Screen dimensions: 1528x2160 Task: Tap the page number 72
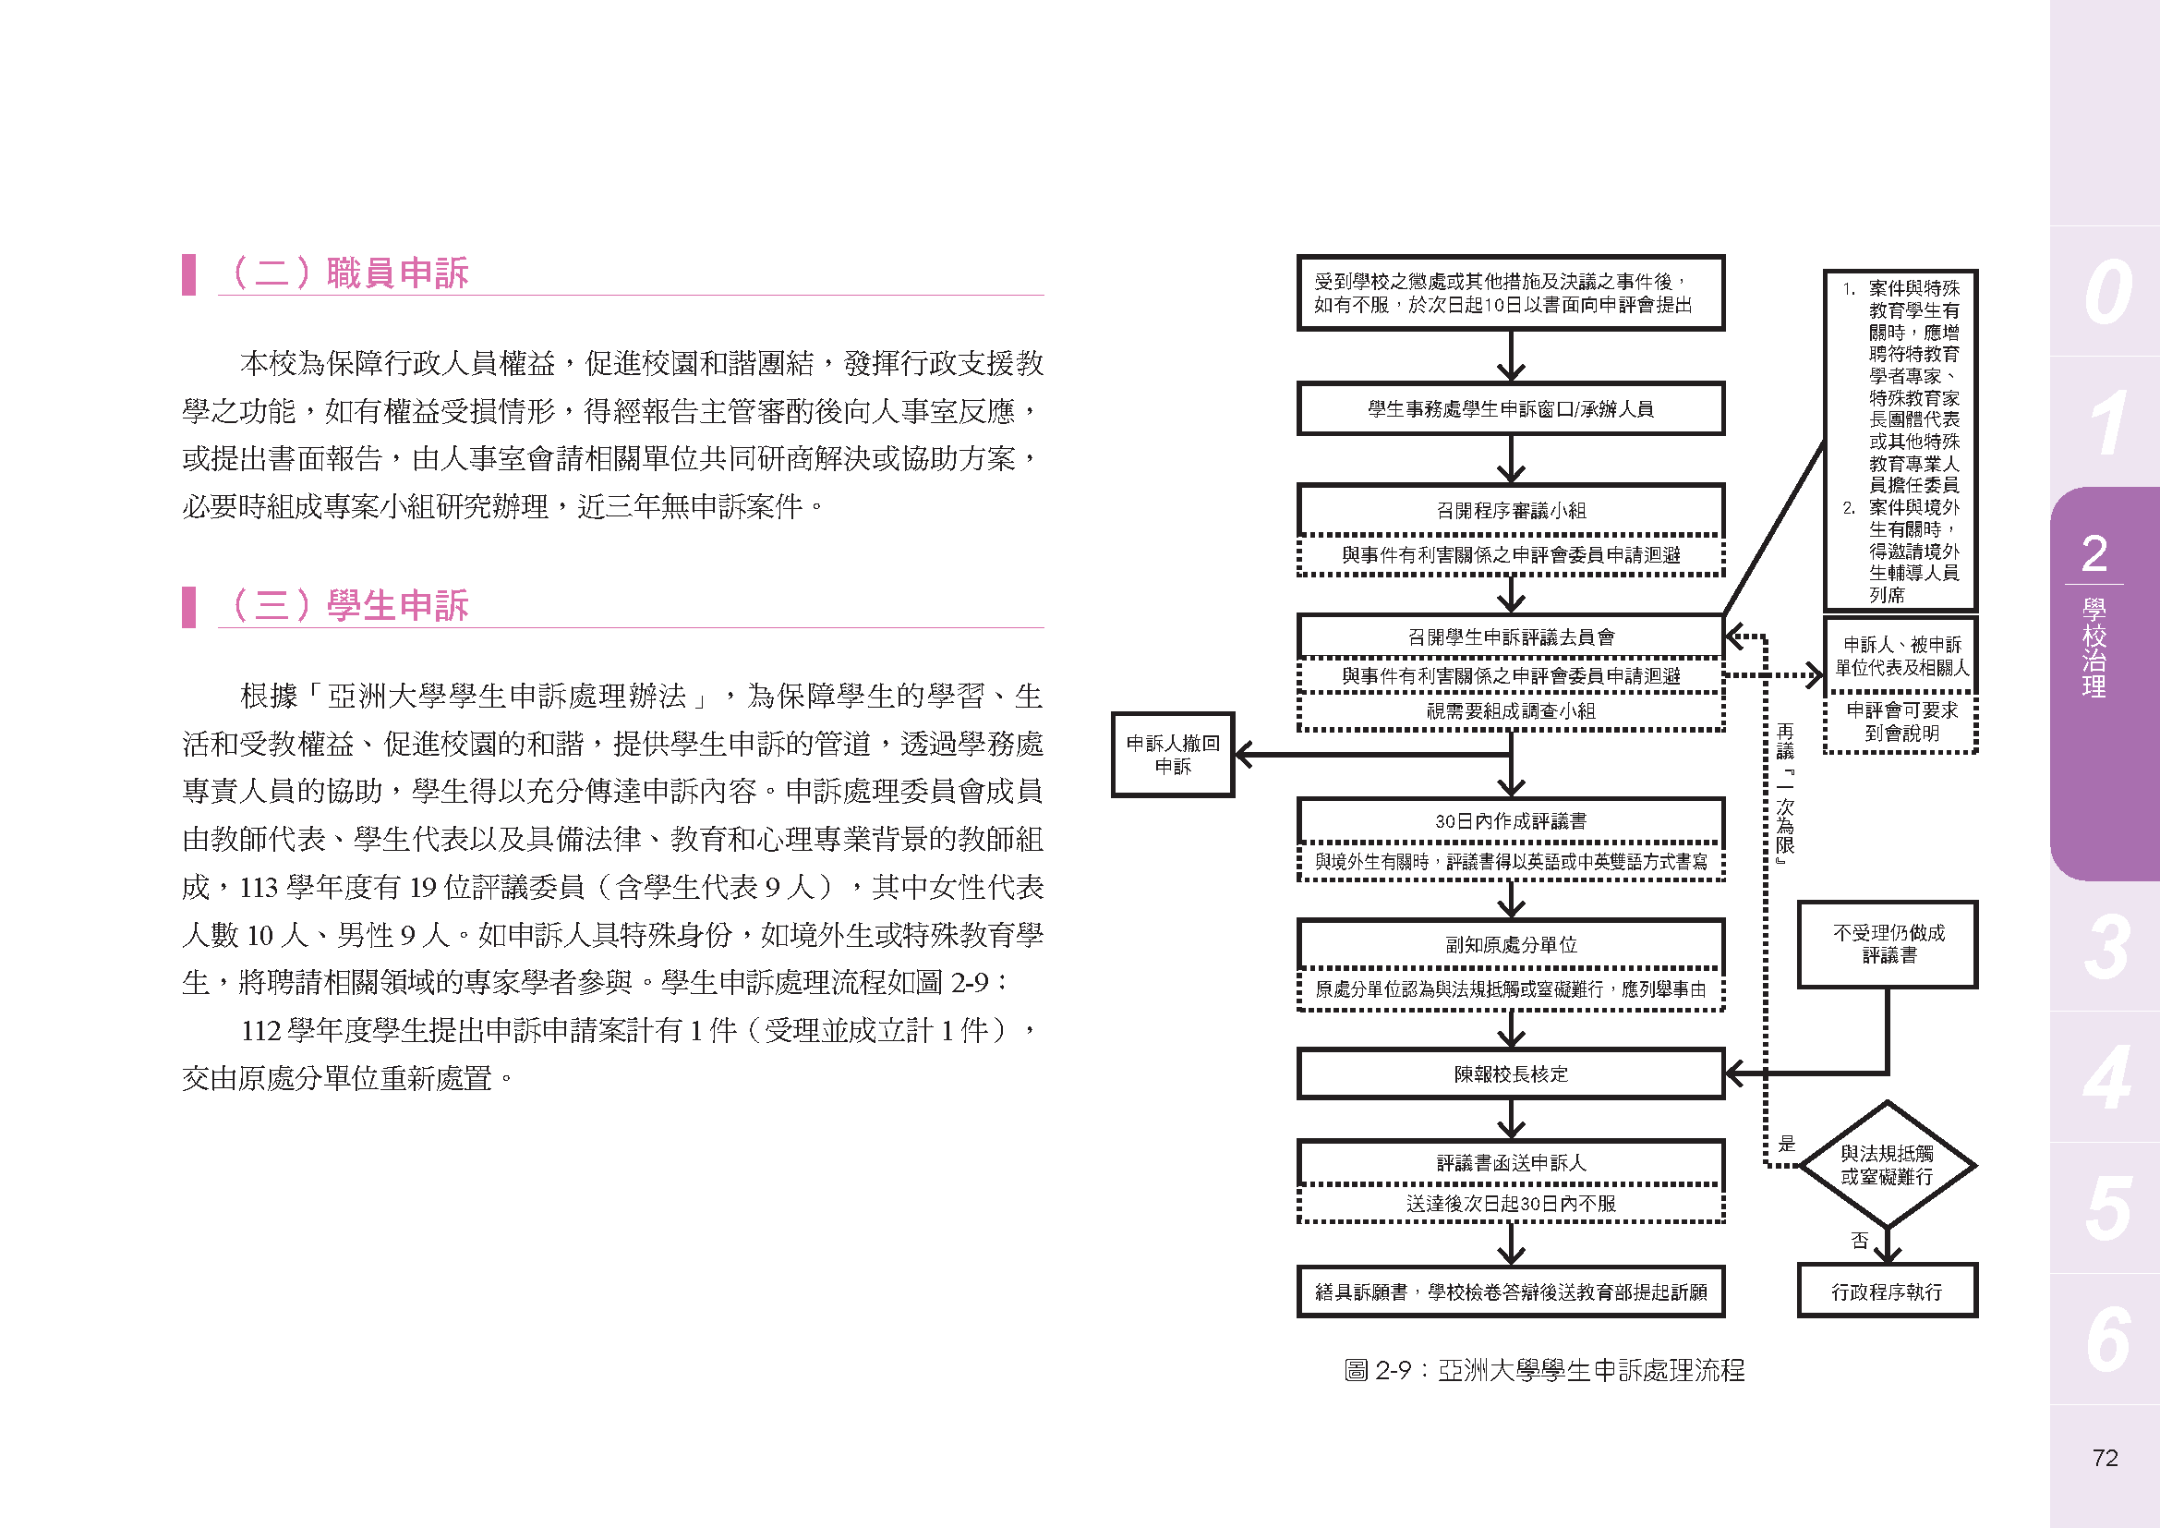click(x=2105, y=1458)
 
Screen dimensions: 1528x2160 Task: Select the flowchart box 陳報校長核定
click(x=1510, y=1073)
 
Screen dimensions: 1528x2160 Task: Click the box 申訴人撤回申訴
click(x=1172, y=755)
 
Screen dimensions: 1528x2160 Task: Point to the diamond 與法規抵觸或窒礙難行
click(x=1887, y=1165)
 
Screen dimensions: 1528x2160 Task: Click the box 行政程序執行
click(x=1887, y=1291)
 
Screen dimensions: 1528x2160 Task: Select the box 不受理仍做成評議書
click(x=1888, y=944)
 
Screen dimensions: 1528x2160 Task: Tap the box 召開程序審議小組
click(x=1510, y=510)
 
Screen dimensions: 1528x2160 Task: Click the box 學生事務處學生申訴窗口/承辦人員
click(x=1510, y=408)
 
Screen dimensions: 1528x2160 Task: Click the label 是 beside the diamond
click(x=1787, y=1144)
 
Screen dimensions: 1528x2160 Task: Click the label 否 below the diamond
click(x=1859, y=1240)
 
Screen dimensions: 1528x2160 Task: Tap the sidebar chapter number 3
click(x=2106, y=947)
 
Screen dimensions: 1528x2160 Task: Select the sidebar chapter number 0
click(x=2106, y=292)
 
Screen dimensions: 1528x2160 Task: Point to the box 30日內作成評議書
click(x=1510, y=820)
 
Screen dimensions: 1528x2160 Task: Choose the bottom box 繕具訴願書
click(x=1510, y=1292)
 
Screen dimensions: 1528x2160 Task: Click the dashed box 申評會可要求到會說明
click(x=1901, y=722)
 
